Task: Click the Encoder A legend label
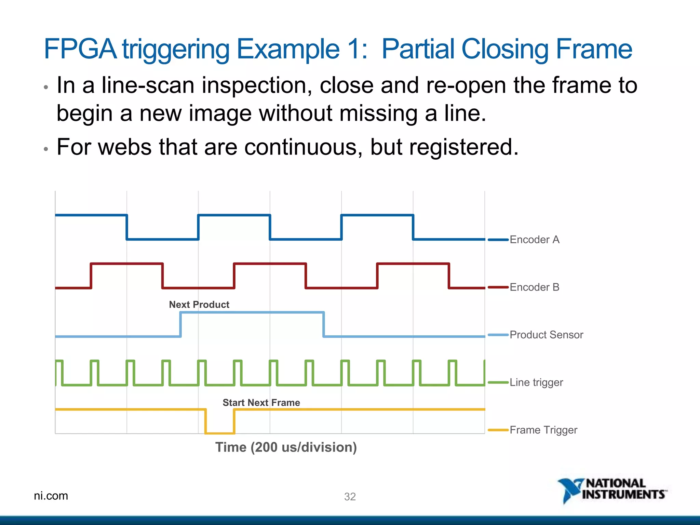[534, 240]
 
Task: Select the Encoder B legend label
[534, 287]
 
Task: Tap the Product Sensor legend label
[546, 335]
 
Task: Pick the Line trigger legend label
[536, 382]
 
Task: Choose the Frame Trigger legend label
[543, 430]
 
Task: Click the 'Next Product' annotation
[199, 304]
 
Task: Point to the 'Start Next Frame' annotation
[261, 402]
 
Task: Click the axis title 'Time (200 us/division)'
[286, 447]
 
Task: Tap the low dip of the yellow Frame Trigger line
[220, 433]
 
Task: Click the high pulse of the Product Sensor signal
[252, 312]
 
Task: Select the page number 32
[350, 496]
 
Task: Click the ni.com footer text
[51, 496]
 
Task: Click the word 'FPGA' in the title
[80, 49]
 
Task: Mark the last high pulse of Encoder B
[413, 264]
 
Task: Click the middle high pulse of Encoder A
[234, 215]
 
